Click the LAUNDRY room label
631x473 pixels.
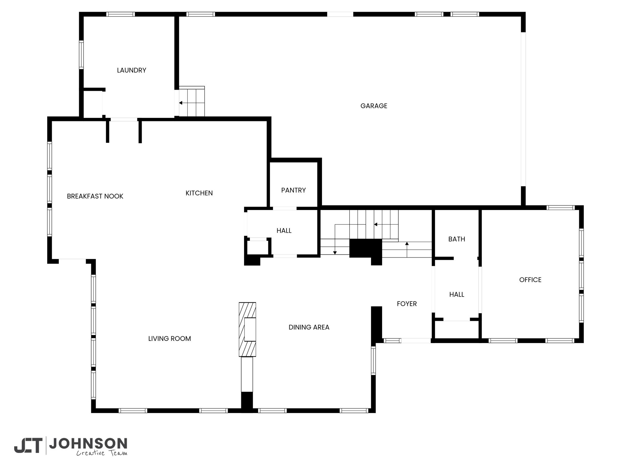(132, 70)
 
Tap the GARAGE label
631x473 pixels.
(374, 106)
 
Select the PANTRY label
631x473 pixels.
(293, 190)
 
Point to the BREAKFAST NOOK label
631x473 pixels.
(95, 196)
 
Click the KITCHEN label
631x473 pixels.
(199, 193)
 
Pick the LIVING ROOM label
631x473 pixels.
(169, 339)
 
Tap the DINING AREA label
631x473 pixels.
(309, 327)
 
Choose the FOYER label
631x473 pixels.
(407, 304)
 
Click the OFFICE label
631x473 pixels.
(530, 280)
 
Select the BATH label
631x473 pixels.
(457, 239)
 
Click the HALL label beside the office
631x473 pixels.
(457, 295)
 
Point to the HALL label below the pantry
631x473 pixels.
(284, 231)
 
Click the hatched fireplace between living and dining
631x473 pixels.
(247, 329)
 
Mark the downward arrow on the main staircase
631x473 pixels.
(335, 240)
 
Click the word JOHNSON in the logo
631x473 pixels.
(88, 444)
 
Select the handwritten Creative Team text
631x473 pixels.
(102, 453)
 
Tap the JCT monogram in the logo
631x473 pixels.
(28, 445)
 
